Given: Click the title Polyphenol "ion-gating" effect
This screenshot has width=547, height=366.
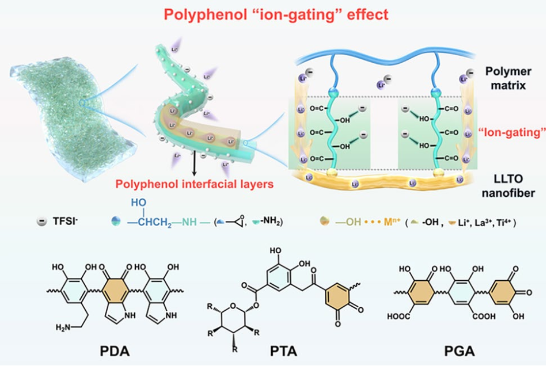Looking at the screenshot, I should (x=273, y=14).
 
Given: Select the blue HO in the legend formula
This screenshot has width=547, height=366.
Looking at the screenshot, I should (x=138, y=203).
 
